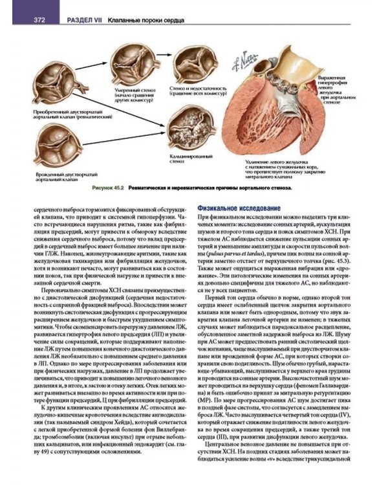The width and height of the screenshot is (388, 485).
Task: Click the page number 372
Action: (39, 20)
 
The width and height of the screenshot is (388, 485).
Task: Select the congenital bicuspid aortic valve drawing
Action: (58, 146)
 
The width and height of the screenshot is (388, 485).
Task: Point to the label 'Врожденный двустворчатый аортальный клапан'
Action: (61, 177)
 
